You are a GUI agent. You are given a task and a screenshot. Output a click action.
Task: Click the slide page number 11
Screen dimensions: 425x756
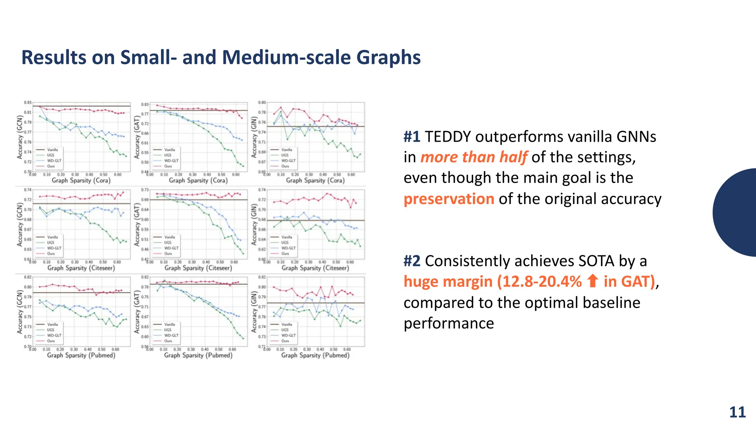(737, 412)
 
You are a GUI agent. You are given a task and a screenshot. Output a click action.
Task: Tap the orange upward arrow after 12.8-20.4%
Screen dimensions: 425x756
(592, 281)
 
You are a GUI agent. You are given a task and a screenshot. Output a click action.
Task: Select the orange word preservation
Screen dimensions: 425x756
(449, 199)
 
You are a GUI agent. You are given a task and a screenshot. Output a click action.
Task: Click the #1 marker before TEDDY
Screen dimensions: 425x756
(412, 137)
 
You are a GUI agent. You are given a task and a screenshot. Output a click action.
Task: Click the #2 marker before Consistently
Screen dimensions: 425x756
(412, 261)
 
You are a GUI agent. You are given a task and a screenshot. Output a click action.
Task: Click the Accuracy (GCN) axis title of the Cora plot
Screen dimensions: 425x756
(20, 137)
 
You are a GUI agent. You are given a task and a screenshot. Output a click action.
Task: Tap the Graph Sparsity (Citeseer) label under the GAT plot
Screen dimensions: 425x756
(198, 268)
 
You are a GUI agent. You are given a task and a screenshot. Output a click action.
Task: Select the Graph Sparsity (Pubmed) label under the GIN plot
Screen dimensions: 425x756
(315, 355)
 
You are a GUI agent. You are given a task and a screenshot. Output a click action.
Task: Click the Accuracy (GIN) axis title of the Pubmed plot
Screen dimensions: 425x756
(254, 312)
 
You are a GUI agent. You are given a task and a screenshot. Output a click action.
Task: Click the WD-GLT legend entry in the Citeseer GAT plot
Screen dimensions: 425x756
(171, 248)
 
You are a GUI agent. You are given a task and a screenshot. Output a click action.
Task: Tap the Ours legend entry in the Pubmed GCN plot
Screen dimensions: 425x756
(51, 341)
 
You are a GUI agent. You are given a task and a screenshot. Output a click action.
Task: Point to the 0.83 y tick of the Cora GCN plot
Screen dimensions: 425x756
(28, 102)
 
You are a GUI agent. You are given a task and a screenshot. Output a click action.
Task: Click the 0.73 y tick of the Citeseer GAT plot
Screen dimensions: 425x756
(145, 190)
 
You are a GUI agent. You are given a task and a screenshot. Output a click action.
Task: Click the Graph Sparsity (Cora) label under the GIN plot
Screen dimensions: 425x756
(315, 180)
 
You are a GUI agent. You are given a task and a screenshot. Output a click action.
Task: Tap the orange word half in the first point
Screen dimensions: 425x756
(513, 157)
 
